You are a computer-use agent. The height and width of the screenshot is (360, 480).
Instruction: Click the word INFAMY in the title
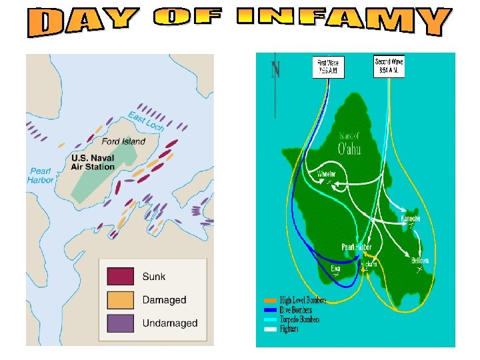coord(341,21)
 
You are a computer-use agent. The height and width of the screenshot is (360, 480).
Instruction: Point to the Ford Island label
coord(124,141)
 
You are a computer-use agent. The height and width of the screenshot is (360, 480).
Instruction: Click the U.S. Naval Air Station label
coord(93,162)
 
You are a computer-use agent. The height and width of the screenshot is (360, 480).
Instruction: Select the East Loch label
coord(146,123)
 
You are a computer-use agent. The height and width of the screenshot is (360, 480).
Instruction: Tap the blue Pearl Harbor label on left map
coord(41,175)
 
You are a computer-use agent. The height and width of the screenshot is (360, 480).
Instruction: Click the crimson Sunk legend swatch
coord(120,277)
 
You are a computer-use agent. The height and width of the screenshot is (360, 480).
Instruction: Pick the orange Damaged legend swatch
coord(120,300)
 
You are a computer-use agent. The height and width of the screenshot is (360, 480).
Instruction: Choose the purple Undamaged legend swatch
coord(120,323)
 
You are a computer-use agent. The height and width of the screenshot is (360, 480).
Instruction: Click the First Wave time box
coord(328,67)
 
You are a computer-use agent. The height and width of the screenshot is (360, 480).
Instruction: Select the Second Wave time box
coord(389,66)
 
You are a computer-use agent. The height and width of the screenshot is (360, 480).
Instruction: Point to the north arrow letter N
coord(275,69)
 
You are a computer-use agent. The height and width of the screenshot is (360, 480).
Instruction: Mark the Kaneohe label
coord(410,219)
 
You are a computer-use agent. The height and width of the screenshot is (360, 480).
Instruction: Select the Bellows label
coord(419,261)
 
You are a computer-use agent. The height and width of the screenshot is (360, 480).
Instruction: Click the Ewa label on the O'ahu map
coord(335,268)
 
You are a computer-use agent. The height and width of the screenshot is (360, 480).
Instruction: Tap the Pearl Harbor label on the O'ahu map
coord(357,247)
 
